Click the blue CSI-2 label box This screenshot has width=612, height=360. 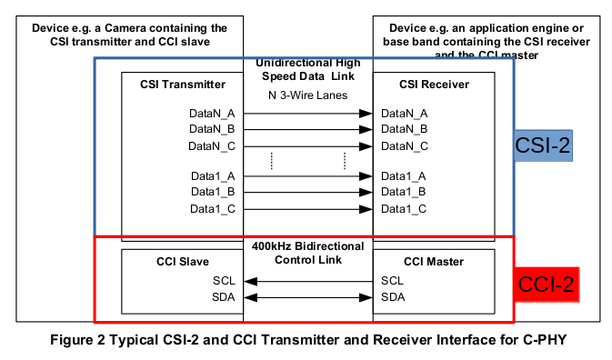point(543,145)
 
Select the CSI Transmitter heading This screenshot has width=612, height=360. point(183,85)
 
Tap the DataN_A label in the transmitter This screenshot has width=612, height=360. point(213,114)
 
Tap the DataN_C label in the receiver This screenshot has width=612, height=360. point(405,146)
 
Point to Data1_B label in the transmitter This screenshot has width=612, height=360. point(214,193)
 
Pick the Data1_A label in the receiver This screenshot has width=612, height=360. point(404,176)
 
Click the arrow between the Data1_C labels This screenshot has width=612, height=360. point(308,209)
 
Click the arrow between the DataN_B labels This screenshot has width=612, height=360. point(308,130)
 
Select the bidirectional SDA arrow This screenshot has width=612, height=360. point(308,297)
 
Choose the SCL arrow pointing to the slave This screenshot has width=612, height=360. point(308,281)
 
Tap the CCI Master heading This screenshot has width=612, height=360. point(430,262)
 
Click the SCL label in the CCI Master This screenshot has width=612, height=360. point(393,281)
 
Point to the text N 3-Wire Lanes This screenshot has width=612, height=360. point(308,95)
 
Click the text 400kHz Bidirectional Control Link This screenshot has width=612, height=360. point(308,254)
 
